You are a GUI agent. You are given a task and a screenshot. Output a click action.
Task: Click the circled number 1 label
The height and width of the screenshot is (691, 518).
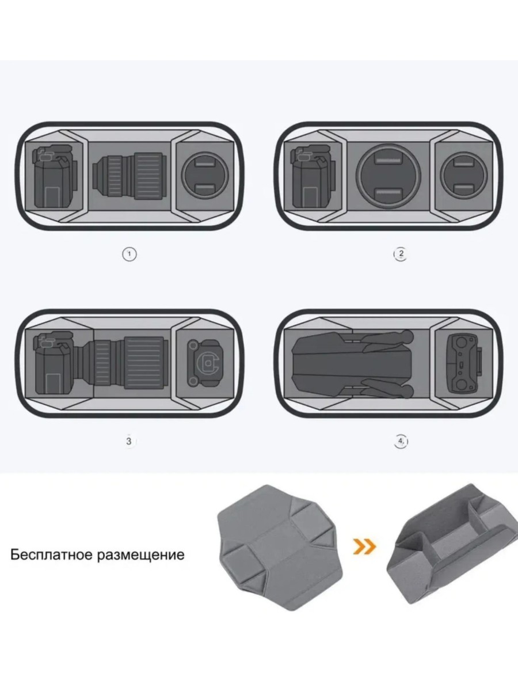(x=129, y=254)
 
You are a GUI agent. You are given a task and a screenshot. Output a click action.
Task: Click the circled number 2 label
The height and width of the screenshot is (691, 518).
(x=401, y=254)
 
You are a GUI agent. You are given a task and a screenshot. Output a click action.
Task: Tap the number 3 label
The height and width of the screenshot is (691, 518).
(x=128, y=441)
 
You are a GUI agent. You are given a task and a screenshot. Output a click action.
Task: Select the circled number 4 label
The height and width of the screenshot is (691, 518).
(x=401, y=441)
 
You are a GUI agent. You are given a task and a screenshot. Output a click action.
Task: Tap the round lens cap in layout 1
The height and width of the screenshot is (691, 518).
(x=205, y=176)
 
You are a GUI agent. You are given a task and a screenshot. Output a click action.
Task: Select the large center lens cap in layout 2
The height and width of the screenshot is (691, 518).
(x=389, y=176)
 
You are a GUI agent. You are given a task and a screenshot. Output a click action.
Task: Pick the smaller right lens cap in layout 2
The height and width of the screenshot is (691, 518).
(x=464, y=176)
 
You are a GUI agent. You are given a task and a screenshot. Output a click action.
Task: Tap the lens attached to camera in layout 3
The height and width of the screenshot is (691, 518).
(x=123, y=363)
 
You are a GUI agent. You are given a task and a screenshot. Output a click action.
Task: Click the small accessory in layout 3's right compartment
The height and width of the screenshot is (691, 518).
(x=205, y=363)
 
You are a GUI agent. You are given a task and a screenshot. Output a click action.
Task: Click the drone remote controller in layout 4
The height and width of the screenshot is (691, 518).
(x=463, y=364)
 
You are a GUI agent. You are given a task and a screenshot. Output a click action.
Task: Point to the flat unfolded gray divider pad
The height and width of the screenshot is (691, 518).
(x=280, y=538)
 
